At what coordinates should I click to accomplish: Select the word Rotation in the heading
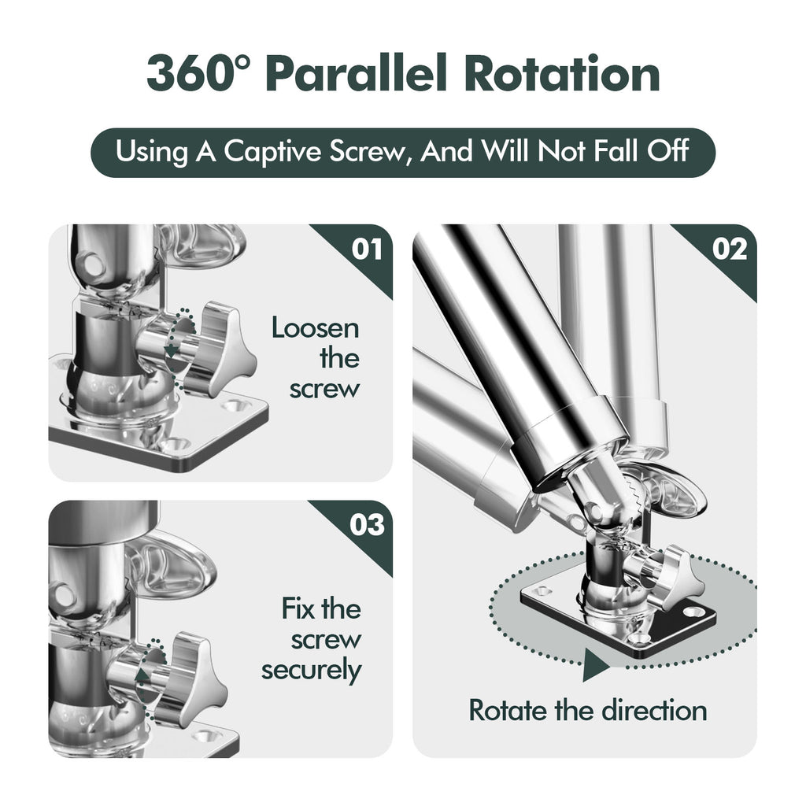(561, 75)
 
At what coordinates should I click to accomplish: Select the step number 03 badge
(366, 524)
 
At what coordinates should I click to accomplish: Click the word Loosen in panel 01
(315, 327)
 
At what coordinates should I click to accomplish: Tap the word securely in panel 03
(312, 671)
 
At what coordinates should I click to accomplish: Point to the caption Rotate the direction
(587, 710)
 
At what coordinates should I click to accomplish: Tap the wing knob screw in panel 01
(220, 346)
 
